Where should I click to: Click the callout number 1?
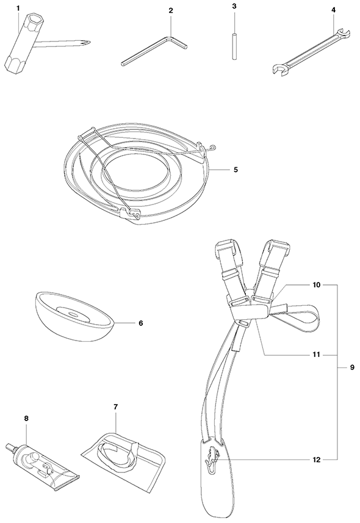[18, 7]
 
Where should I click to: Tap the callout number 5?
[236, 170]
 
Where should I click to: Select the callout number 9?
[352, 367]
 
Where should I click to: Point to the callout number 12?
[316, 460]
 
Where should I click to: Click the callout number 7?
[116, 407]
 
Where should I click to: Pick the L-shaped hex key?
[155, 49]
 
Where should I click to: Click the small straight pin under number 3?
[234, 46]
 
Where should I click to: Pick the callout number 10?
[316, 285]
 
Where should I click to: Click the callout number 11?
[316, 354]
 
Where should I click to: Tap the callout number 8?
[27, 417]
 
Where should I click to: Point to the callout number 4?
[334, 10]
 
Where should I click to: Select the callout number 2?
[171, 10]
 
